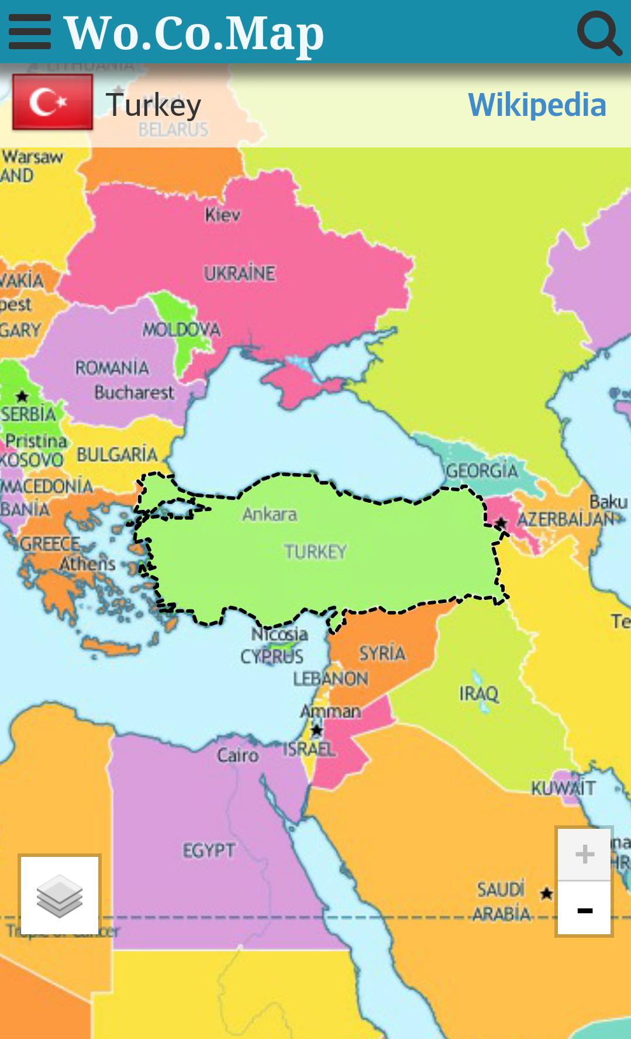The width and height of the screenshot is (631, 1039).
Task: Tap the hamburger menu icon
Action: click(29, 32)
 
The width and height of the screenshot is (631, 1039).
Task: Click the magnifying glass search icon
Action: click(599, 33)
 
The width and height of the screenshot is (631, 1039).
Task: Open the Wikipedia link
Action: click(537, 105)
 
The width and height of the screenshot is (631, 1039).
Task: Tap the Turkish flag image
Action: click(53, 102)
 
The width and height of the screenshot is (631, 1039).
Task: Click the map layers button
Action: click(60, 895)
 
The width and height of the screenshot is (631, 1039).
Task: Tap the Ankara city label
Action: click(270, 515)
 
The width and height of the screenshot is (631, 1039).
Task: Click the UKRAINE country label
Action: click(239, 273)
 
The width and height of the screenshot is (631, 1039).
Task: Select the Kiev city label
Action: click(222, 215)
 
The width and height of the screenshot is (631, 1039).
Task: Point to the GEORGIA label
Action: click(482, 471)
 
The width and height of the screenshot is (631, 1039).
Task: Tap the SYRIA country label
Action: click(382, 653)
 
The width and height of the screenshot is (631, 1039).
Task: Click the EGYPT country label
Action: click(209, 850)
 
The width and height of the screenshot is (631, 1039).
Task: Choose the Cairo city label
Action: click(237, 755)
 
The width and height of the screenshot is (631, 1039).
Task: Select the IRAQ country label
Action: click(478, 694)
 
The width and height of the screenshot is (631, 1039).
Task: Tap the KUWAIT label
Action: click(563, 788)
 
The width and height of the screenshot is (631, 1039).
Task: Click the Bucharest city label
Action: click(135, 392)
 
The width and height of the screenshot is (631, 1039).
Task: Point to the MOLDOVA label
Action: click(181, 330)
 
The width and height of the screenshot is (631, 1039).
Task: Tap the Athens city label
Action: click(88, 564)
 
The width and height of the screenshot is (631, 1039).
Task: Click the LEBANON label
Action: click(330, 678)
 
